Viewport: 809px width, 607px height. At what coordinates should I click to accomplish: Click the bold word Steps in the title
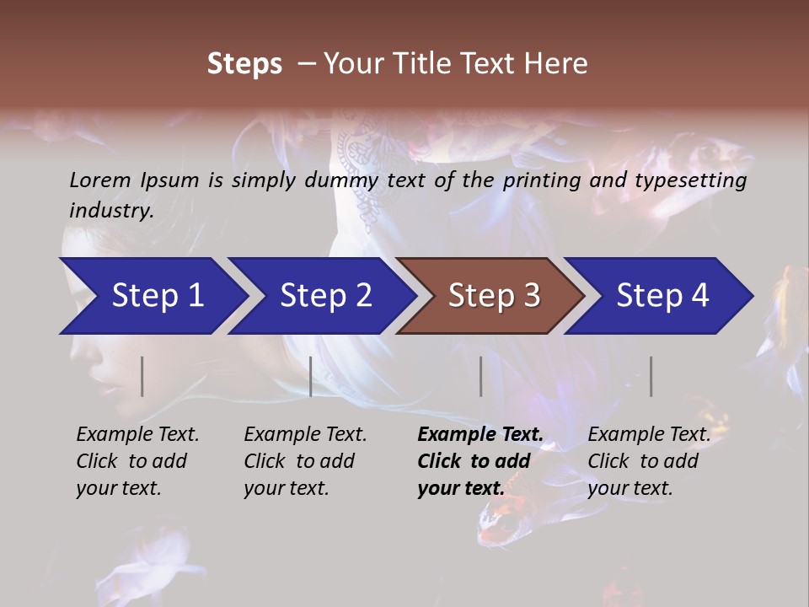(x=244, y=64)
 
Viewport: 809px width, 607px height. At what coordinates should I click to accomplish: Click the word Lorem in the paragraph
(x=100, y=180)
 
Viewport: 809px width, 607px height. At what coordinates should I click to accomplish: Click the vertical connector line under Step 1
(x=142, y=376)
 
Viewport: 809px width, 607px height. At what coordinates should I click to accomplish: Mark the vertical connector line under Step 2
(x=311, y=376)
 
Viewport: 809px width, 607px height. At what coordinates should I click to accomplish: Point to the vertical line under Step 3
(x=480, y=376)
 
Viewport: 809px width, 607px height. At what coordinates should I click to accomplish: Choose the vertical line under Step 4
(x=651, y=376)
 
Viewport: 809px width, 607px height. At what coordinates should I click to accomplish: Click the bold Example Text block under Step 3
(x=480, y=461)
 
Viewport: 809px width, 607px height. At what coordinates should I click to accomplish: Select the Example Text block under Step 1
(x=137, y=461)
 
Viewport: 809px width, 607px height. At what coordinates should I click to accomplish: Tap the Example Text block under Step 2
(x=305, y=461)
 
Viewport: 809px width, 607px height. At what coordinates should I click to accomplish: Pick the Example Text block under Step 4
(x=649, y=461)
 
